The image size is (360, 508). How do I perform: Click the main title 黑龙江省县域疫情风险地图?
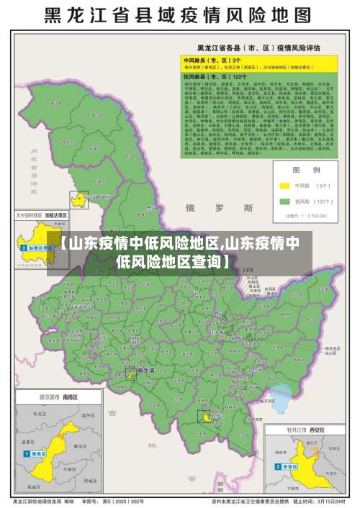180,15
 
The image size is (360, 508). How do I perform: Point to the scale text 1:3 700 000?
306,214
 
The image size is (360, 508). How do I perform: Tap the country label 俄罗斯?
220,209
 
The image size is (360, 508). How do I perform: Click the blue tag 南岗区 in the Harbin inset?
36,454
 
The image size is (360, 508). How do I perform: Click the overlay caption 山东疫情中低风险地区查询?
180,252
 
